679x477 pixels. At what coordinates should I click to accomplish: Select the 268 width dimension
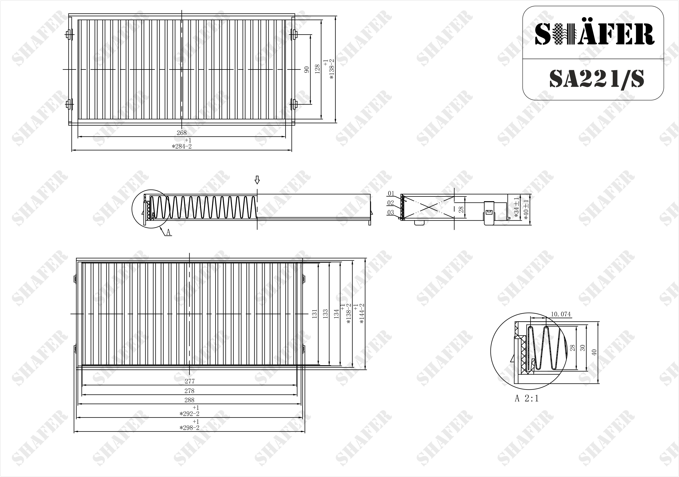point(182,133)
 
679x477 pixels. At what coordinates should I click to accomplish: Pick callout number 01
point(391,193)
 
